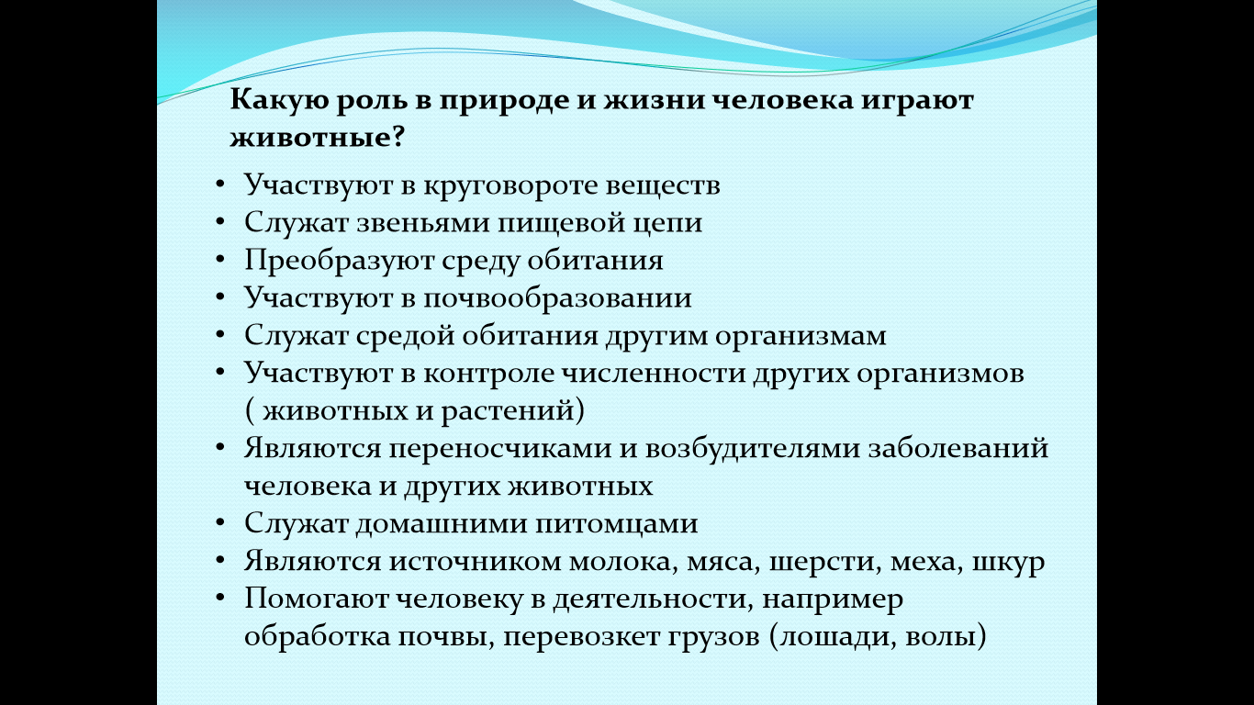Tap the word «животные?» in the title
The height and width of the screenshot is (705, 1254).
tap(317, 137)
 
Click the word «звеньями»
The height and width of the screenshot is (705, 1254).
tap(423, 223)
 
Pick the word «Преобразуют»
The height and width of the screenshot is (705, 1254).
tap(339, 261)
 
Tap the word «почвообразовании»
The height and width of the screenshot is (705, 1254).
tap(557, 298)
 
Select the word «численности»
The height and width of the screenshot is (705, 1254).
tap(654, 374)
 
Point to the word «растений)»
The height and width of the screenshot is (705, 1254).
tap(513, 411)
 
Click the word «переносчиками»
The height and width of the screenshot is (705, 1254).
tap(500, 449)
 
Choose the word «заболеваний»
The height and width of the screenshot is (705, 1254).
tap(957, 448)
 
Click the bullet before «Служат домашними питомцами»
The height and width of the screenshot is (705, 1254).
tap(220, 522)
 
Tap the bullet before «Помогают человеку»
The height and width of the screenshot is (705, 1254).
tap(220, 598)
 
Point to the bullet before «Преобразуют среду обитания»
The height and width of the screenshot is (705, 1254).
tap(220, 259)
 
